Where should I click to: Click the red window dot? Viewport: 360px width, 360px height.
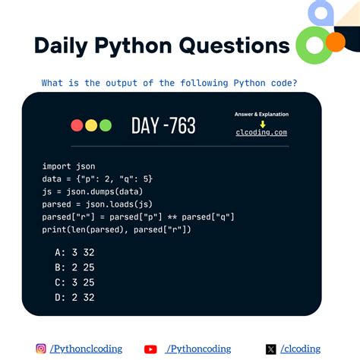tap(77, 125)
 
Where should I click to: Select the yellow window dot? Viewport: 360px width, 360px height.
tap(91, 125)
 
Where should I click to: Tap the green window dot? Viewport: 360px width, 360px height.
tap(105, 125)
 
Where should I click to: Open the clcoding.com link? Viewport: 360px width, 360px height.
tap(261, 132)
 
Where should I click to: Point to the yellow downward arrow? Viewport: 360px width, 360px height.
tap(262, 123)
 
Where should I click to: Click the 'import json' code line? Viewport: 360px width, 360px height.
tap(69, 166)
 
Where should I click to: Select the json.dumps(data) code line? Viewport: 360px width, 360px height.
tap(91, 191)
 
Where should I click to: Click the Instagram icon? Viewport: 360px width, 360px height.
tap(41, 349)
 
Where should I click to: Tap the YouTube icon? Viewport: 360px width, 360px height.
tap(150, 349)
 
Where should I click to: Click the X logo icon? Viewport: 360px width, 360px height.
tap(271, 349)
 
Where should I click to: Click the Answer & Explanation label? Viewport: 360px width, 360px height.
tap(261, 114)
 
